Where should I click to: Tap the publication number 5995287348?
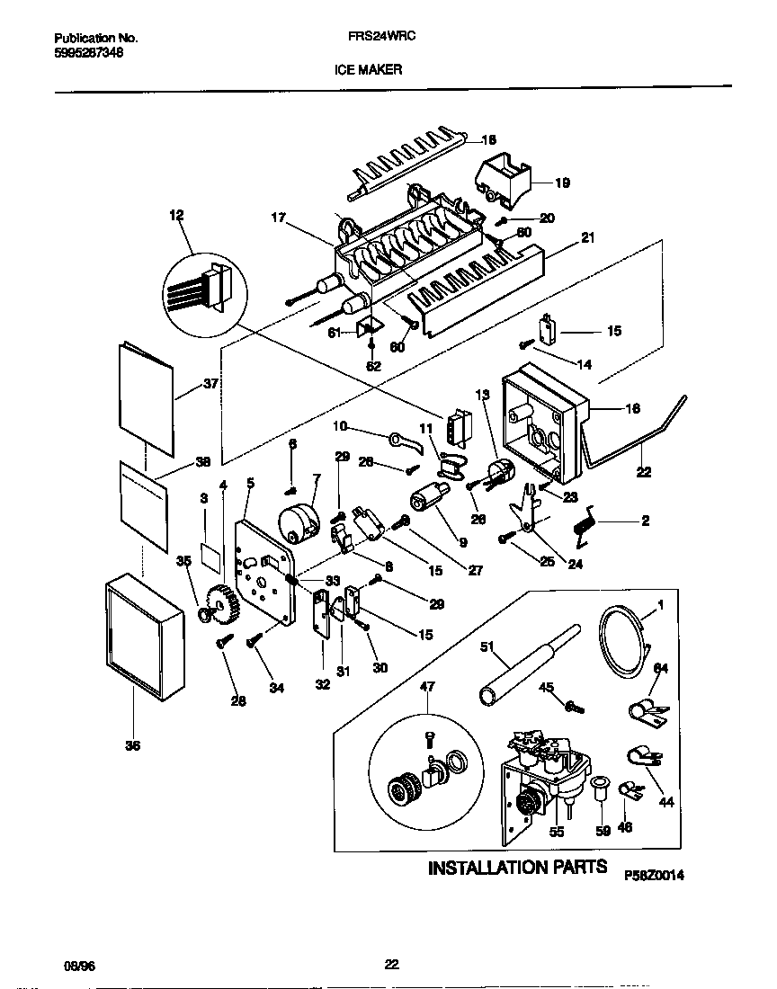pyautogui.click(x=89, y=53)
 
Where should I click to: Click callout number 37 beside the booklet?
pyautogui.click(x=211, y=384)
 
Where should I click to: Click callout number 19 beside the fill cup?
pyautogui.click(x=562, y=183)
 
